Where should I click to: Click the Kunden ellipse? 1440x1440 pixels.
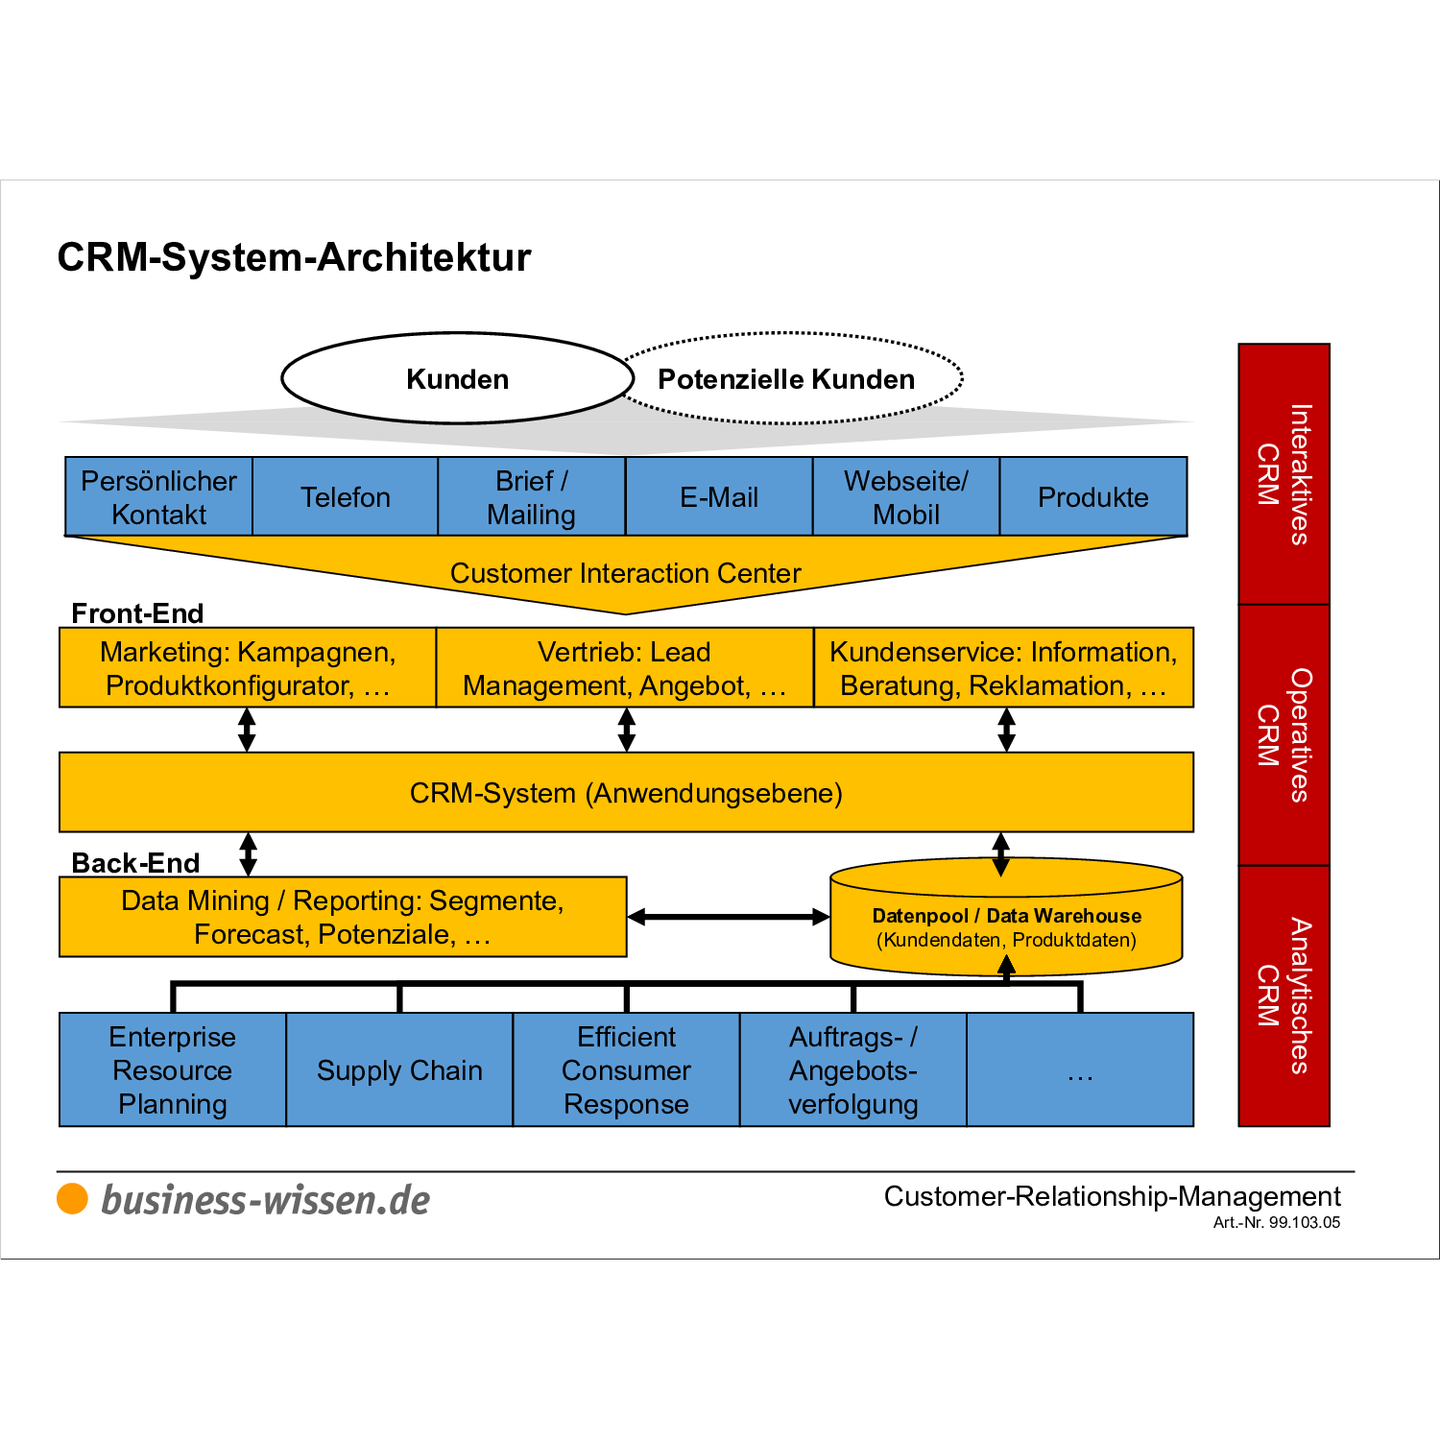(x=457, y=378)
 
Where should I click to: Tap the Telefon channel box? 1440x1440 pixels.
(x=345, y=496)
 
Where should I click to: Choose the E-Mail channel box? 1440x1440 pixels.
(x=718, y=496)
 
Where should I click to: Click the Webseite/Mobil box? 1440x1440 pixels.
(x=905, y=496)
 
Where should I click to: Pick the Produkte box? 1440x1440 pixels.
(x=1092, y=496)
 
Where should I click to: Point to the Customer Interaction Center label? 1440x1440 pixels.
(x=625, y=573)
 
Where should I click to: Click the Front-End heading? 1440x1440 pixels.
(x=137, y=613)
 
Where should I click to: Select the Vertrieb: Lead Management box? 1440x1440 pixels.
(x=624, y=668)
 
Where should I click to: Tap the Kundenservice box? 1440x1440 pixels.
(x=1003, y=668)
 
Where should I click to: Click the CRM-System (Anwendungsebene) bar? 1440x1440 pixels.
(x=626, y=793)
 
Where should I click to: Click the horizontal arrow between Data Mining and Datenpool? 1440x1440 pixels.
(x=729, y=917)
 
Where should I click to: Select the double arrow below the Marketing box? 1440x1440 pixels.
(x=247, y=730)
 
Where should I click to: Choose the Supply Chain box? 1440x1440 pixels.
(x=399, y=1069)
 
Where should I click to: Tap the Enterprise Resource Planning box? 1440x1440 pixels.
(x=173, y=1069)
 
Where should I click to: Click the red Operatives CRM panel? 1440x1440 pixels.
(x=1284, y=735)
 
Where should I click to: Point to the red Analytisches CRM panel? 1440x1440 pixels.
(x=1284, y=996)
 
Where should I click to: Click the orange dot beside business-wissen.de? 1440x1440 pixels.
(x=73, y=1199)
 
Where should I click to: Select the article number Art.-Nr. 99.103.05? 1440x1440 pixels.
(x=1276, y=1222)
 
